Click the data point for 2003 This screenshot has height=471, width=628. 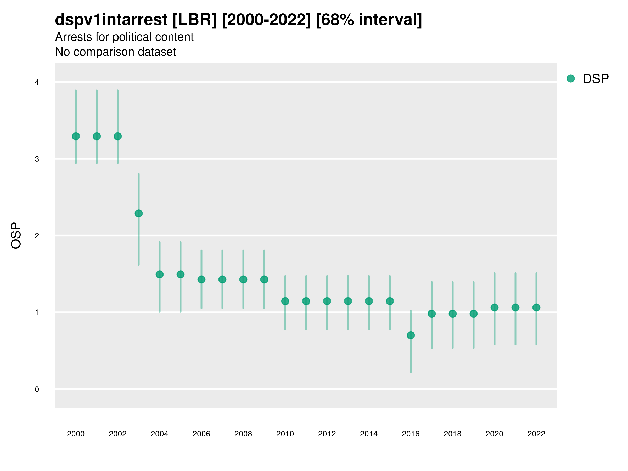pos(138,213)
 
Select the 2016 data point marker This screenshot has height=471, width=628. pos(411,335)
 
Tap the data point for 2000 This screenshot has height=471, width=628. pos(76,136)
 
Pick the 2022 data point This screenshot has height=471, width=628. pos(536,307)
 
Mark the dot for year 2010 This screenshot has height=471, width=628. pos(285,301)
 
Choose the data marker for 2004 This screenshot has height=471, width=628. pos(160,274)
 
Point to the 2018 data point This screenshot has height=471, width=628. pos(452,314)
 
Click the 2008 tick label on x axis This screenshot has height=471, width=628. pos(243,434)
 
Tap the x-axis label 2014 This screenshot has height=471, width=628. pos(369,434)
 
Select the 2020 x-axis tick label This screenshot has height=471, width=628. pos(494,434)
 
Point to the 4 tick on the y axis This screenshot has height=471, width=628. pos(37,82)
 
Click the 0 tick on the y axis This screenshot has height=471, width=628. pos(37,389)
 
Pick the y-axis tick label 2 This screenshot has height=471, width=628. pos(37,236)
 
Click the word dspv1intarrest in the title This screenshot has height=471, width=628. pos(111,20)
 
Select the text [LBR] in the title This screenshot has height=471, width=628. pos(194,20)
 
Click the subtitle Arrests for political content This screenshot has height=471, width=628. pos(124,37)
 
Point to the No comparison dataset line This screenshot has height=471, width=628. pos(115,52)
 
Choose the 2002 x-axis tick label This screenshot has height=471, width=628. pos(117,434)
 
